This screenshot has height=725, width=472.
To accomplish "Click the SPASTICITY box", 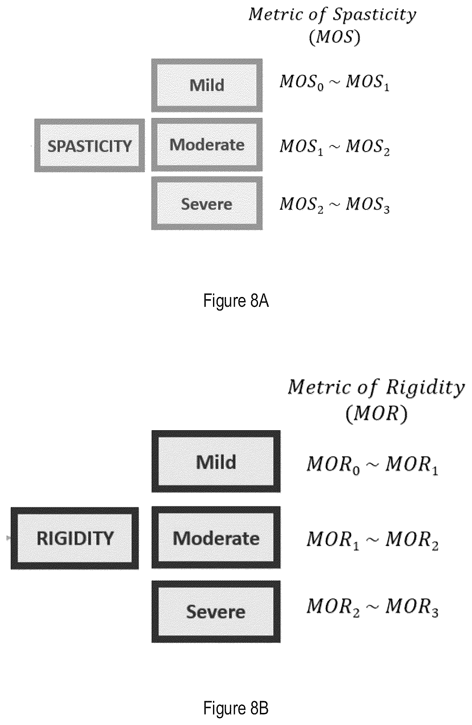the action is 89,146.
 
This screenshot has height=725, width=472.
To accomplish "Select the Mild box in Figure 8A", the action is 207,85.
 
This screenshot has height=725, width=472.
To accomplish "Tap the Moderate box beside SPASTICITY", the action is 207,145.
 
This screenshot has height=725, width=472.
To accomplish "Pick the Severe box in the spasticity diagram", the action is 207,203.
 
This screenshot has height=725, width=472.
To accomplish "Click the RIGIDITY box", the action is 75,538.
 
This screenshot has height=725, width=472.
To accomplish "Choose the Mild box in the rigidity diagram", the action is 216,461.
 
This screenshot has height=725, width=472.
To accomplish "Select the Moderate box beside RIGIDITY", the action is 216,537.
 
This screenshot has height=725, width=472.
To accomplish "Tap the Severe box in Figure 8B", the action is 216,612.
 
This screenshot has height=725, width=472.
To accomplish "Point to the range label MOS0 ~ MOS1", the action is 334,82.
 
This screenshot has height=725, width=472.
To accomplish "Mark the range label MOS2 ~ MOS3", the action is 334,205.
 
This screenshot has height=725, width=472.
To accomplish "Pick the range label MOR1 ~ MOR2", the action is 372,540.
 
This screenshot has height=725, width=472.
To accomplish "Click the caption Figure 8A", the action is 236,301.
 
